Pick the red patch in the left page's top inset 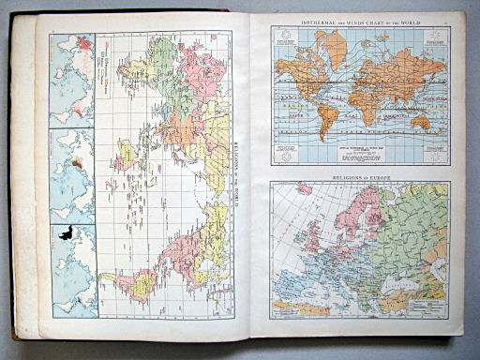[x=86, y=41]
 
